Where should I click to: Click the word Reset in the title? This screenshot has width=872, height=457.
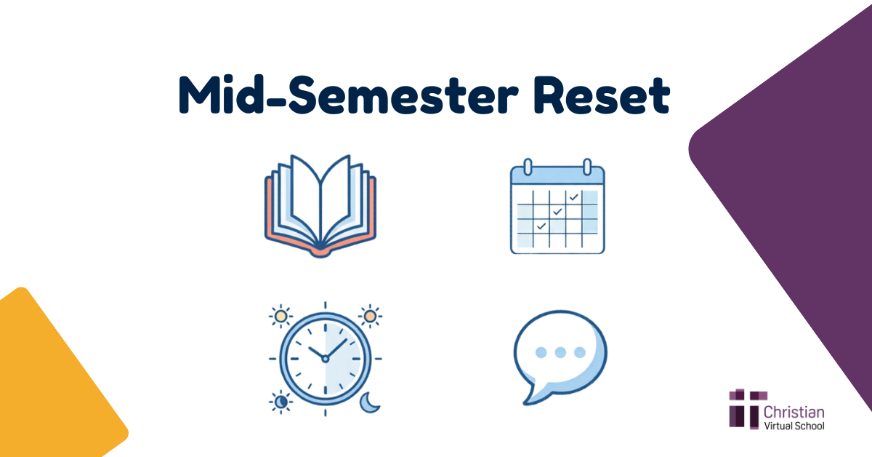[602, 95]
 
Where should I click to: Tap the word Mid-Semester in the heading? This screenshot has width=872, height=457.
[348, 95]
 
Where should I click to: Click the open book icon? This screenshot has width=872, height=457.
[320, 206]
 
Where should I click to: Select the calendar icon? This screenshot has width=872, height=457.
[557, 206]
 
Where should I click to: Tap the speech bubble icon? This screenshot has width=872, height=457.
[560, 357]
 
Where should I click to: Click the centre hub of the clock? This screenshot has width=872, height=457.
[325, 359]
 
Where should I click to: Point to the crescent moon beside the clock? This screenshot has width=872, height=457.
[369, 402]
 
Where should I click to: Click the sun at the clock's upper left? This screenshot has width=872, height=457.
[280, 317]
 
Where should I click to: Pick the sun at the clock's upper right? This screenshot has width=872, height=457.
[370, 316]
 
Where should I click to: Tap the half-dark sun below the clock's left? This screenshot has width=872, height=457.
[280, 401]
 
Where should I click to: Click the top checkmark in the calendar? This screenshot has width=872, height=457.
[574, 197]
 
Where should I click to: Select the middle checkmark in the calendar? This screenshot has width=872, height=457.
[557, 211]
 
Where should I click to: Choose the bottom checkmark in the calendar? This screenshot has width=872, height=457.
[541, 226]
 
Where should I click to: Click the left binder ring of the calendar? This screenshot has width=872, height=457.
[528, 167]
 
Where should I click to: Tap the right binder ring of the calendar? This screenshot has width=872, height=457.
[587, 167]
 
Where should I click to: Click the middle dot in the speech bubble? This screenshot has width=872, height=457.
[560, 352]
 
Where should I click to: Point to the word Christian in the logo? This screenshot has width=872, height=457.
[794, 412]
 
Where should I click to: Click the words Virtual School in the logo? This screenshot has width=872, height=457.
[794, 426]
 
